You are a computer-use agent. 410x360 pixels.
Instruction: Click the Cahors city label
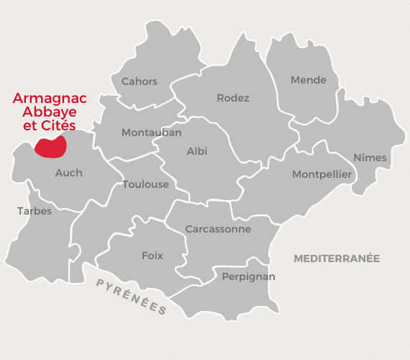coord(140,81)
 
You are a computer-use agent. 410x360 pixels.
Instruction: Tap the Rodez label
coord(233,98)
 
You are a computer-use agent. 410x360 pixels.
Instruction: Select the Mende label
coord(309,80)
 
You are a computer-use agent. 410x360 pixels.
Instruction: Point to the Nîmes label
coord(370,158)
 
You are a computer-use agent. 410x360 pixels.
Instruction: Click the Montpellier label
coord(322,174)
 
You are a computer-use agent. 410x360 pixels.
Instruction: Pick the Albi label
coord(197,151)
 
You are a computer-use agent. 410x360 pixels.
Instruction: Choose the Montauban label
coord(151,132)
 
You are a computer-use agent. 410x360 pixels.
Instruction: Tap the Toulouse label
coord(145,184)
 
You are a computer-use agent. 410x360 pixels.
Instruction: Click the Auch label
coord(68,173)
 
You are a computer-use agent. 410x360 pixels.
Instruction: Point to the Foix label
coord(152,256)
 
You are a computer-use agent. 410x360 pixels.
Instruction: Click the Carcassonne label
coord(218,229)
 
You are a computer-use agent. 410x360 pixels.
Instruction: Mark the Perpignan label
coord(248,276)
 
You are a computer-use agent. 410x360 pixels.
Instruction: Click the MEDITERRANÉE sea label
coord(337,258)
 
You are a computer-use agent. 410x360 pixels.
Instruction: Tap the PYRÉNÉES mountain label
coord(132,296)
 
